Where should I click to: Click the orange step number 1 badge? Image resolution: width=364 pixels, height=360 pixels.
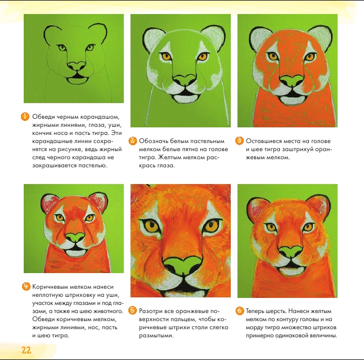25,117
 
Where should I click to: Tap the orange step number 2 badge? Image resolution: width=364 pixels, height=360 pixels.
132,141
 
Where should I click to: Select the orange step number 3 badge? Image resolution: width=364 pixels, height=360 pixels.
239,141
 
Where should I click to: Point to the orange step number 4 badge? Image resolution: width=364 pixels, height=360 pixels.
26,286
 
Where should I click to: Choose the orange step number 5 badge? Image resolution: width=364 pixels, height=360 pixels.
132,310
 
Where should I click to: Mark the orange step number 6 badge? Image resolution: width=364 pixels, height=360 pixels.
239,310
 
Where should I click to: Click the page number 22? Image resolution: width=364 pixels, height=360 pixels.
26,350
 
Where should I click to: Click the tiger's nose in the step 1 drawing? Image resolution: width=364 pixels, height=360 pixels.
77,66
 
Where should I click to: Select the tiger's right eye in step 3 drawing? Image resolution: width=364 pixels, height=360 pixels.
310,57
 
